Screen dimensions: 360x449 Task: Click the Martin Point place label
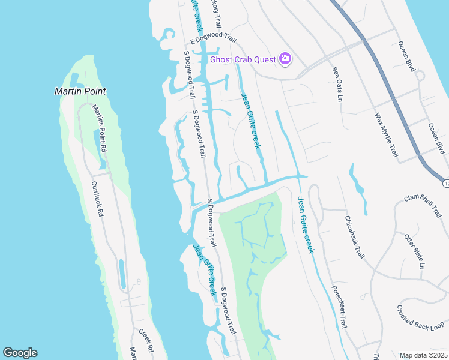[80, 91]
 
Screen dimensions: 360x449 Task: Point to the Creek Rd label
[145, 340]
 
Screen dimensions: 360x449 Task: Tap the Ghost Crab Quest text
[243, 59]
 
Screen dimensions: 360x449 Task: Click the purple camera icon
[285, 59]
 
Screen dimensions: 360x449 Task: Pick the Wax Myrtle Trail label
[386, 134]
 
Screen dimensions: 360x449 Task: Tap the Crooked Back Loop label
[420, 318]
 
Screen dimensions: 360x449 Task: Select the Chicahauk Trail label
[355, 237]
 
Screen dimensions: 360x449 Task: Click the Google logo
[20, 353]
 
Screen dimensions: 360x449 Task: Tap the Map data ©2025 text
[423, 355]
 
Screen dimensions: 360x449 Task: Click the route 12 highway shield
[445, 181]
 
